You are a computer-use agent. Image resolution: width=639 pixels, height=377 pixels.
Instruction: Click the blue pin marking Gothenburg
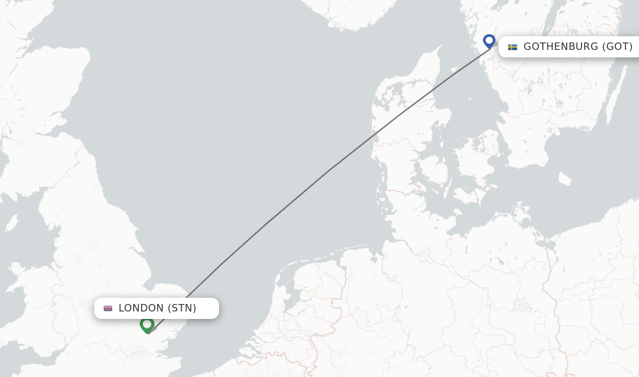coord(489,41)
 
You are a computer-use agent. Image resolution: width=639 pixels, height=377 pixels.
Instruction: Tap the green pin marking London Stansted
coord(147,325)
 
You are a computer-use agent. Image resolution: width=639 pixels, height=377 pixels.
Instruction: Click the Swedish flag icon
coord(512,47)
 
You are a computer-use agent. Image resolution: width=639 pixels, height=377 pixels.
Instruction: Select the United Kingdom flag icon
coord(108,308)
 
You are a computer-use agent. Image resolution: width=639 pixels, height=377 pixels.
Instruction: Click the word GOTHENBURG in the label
coord(561,47)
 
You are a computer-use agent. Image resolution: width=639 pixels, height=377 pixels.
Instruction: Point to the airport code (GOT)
coord(617,47)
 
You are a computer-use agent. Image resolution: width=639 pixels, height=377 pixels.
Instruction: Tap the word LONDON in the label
coord(141,308)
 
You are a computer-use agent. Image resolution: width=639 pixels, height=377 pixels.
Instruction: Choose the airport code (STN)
coord(182,308)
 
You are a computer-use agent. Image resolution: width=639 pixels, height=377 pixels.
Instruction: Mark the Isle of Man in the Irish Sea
coord(11,223)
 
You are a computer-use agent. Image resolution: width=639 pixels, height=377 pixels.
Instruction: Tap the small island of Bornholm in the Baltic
coord(564,179)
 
